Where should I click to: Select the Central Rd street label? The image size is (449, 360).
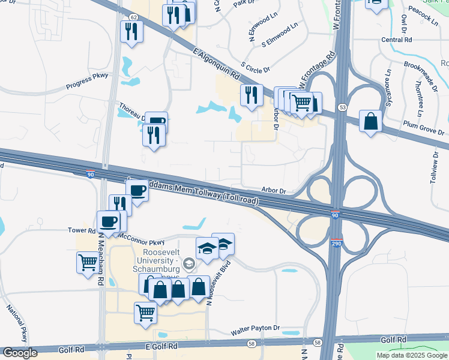[396, 40]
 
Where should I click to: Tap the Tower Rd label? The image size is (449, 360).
[82, 230]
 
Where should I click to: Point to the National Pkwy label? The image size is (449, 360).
[17, 323]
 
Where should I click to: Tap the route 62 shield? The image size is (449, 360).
[133, 18]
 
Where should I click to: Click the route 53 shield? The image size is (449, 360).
[342, 107]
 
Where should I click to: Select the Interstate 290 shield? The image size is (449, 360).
[336, 244]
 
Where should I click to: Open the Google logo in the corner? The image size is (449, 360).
[20, 353]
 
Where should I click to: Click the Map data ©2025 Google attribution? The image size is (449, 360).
[412, 355]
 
